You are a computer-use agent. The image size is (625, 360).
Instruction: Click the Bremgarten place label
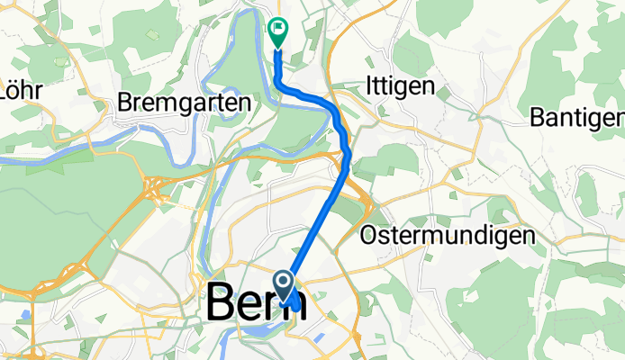183,103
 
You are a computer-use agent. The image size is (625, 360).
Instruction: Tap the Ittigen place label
402,86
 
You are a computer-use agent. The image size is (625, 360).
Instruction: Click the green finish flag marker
277,32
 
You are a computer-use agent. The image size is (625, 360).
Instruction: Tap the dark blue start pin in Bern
284,286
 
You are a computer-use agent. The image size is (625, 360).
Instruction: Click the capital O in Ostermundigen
368,236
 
